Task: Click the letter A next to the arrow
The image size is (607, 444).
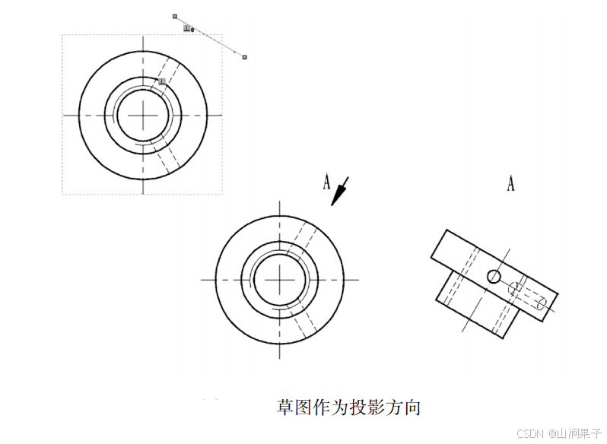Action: (326, 182)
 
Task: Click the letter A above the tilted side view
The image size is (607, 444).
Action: (510, 183)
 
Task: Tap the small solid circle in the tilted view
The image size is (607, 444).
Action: (494, 276)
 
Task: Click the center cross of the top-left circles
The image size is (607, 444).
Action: (142, 115)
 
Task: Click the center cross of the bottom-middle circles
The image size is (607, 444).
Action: (280, 280)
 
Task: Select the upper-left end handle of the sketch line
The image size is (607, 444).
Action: (175, 15)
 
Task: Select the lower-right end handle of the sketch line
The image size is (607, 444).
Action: (244, 56)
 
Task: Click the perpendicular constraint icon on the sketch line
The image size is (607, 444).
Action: (188, 29)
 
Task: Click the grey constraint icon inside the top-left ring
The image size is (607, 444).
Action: (162, 81)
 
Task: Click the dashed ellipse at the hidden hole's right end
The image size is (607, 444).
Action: (541, 303)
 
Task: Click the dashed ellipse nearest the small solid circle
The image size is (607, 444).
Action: (516, 288)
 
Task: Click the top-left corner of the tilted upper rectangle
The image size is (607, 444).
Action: (447, 230)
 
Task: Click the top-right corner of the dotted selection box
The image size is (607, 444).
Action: (222, 34)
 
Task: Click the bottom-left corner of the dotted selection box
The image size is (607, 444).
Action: (62, 194)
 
